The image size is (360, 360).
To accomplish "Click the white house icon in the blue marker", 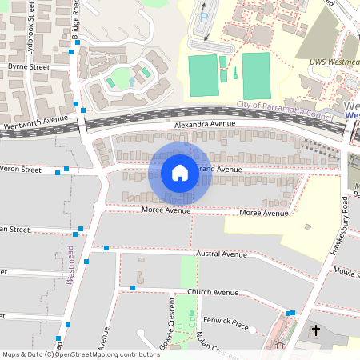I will pyautogui.click(x=180, y=172).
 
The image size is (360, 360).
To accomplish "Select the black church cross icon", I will pyautogui.click(x=315, y=330).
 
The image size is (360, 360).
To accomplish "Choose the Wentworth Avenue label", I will pyautogui.click(x=35, y=120).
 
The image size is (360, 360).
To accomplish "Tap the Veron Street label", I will pyautogui.click(x=21, y=170).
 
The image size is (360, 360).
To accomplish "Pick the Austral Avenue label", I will pyautogui.click(x=222, y=254).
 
